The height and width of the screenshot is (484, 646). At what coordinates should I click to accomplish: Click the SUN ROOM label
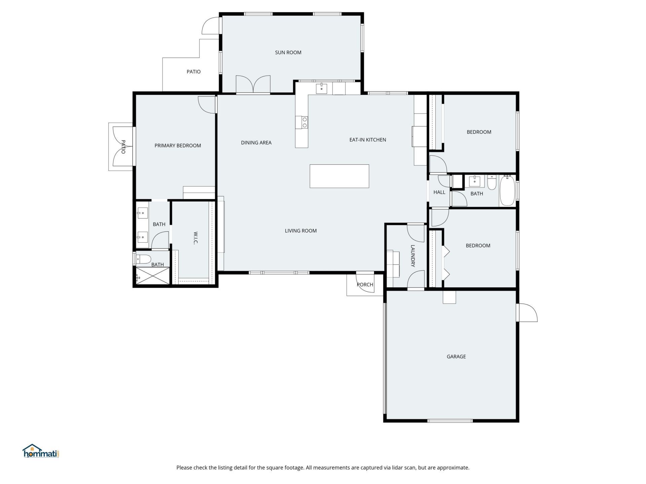tap(288, 52)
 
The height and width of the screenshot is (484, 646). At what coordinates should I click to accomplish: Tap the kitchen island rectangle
tap(339, 176)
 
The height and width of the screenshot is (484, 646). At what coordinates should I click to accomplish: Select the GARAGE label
tap(456, 357)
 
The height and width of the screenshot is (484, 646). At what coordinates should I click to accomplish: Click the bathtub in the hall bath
tap(507, 191)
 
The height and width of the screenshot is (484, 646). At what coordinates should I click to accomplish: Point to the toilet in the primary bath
tap(144, 259)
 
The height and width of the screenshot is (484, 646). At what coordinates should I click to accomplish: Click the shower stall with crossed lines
tap(153, 276)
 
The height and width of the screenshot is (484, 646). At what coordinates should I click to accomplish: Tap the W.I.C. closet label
tap(195, 238)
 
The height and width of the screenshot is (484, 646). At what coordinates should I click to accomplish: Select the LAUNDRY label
tap(413, 256)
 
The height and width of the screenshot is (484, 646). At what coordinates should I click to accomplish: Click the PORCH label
tap(365, 285)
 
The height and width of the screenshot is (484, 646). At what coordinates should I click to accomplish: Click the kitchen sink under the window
tap(321, 89)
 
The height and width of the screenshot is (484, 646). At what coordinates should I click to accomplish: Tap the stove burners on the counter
tap(304, 122)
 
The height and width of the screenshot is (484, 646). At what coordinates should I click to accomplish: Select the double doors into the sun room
tap(253, 85)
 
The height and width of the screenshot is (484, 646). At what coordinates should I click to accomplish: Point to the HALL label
tap(439, 192)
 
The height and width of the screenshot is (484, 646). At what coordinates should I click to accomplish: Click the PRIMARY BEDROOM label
tap(178, 146)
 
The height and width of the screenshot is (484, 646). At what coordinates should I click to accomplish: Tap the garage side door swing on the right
tap(527, 313)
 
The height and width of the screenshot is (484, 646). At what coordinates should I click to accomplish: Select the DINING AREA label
tap(256, 143)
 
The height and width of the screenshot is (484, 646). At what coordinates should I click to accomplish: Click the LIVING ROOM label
tap(300, 231)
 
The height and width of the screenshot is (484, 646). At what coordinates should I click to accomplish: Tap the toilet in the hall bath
tap(492, 182)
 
